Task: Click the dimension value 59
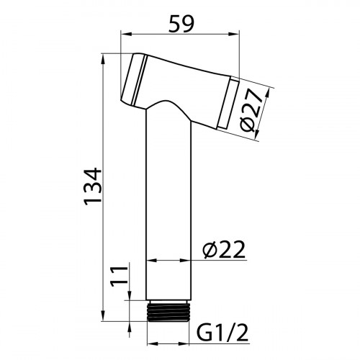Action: click(x=181, y=24)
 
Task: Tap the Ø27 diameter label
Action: click(x=251, y=110)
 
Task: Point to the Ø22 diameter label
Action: click(x=224, y=250)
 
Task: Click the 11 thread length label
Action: click(x=119, y=276)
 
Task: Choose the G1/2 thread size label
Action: click(x=222, y=333)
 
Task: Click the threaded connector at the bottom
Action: click(x=168, y=310)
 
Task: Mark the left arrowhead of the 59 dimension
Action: click(x=127, y=35)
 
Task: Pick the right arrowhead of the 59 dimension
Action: click(x=233, y=35)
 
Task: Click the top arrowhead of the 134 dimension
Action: click(x=103, y=59)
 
